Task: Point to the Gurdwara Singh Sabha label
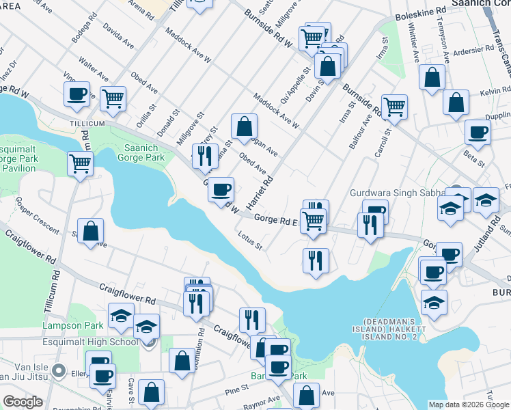point(398,194)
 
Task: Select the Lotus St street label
point(250,241)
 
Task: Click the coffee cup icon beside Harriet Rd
point(221,189)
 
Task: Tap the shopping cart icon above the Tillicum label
point(113,98)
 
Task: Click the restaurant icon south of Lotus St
point(316,260)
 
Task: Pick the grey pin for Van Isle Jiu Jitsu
point(59,372)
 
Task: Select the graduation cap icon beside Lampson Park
point(122,318)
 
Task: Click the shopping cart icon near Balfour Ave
point(394,106)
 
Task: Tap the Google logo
point(23,402)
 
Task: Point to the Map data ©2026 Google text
point(468,404)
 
